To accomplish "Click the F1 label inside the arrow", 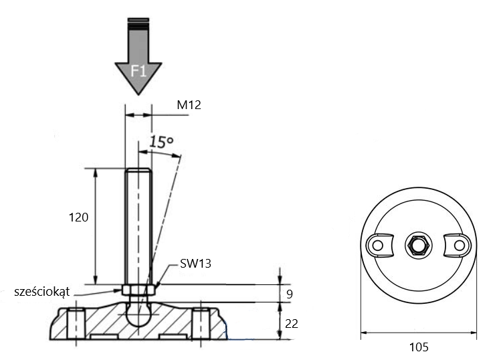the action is [138, 71].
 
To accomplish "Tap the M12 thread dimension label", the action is [189, 104].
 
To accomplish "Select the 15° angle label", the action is [161, 142].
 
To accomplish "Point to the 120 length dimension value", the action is [78, 217].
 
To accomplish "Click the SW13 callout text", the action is [195, 263].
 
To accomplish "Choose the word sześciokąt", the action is [42, 292].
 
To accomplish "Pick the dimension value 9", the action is [290, 294].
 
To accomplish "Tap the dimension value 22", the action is [292, 324].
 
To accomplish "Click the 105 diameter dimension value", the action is [419, 347].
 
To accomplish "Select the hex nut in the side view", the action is [138, 290].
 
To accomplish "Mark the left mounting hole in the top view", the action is [377, 245].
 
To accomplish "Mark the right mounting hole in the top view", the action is [460, 245].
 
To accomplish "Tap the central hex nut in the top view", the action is [419, 245].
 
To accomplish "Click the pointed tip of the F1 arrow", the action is [138, 94].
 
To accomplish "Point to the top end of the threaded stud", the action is [138, 169].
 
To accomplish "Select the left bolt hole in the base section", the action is [76, 323].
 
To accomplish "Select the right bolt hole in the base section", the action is [201, 323].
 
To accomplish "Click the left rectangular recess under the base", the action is [104, 337].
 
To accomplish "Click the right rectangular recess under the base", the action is [173, 337].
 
